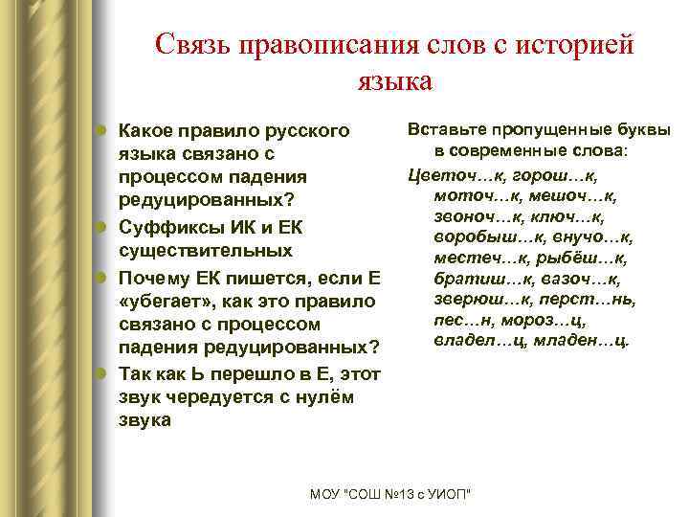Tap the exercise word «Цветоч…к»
point(454,174)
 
